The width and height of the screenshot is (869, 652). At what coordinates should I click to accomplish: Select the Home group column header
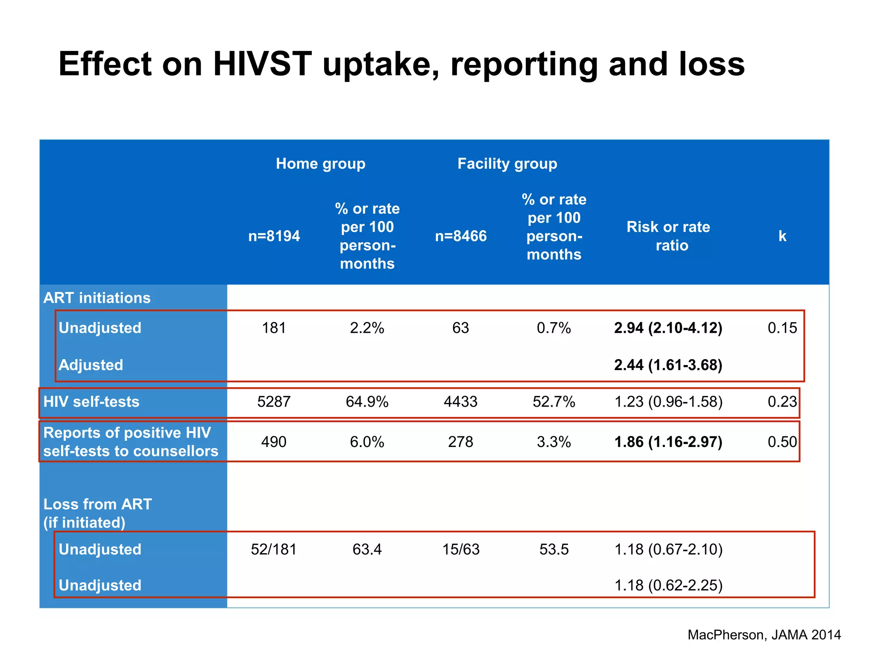click(x=320, y=164)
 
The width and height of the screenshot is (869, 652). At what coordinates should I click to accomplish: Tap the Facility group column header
click(x=507, y=164)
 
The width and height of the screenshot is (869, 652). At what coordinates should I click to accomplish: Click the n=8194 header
click(x=274, y=236)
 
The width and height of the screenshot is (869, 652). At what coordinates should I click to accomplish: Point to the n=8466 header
click(x=461, y=236)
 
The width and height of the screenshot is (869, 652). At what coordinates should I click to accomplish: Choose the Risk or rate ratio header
click(x=668, y=236)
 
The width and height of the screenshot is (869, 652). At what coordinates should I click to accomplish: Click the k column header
click(x=782, y=236)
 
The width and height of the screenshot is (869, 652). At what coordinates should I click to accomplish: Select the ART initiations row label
click(x=97, y=298)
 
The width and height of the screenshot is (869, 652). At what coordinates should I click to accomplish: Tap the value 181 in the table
click(x=274, y=328)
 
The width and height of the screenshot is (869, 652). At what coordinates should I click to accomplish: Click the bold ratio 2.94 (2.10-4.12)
click(x=668, y=328)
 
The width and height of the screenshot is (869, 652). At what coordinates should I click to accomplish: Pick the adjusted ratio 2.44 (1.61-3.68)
click(x=668, y=365)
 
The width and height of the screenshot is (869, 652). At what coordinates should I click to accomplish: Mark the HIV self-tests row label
click(x=91, y=402)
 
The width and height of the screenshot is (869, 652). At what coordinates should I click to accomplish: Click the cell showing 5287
click(x=274, y=402)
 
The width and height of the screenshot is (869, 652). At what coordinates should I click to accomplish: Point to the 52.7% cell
click(x=554, y=402)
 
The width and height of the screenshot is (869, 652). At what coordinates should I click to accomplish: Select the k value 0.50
click(x=782, y=442)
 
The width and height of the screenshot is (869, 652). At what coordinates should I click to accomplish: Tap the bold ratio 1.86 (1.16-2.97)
click(x=668, y=442)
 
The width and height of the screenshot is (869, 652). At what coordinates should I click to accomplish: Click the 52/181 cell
click(x=274, y=549)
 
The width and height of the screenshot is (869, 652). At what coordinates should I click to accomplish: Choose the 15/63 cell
click(x=461, y=549)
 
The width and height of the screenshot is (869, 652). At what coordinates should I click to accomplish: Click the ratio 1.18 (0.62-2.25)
click(x=668, y=585)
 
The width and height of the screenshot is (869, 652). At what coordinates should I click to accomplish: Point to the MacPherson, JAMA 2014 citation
click(x=764, y=635)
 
